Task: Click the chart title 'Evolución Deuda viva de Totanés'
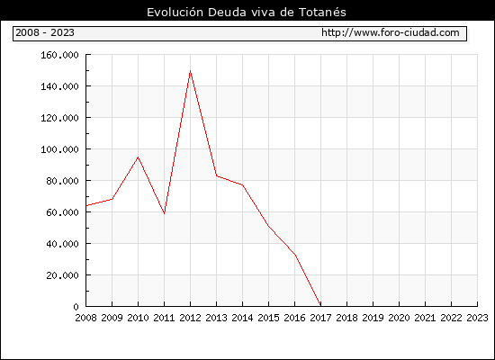click(247, 13)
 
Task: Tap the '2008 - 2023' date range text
click(45, 32)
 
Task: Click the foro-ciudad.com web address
click(391, 32)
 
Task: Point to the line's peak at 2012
click(190, 71)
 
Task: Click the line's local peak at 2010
click(138, 157)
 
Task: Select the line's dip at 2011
click(164, 214)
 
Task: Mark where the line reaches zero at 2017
click(320, 306)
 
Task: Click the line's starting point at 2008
click(86, 205)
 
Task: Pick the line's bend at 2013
click(216, 175)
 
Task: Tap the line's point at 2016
click(295, 255)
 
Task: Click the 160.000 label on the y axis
click(59, 55)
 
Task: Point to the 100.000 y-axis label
click(59, 149)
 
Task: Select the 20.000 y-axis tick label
click(62, 275)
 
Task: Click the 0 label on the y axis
click(76, 307)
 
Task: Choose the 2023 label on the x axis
click(477, 318)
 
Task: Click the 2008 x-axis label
click(85, 318)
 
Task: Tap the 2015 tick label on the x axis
click(269, 318)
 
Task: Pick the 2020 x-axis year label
click(399, 318)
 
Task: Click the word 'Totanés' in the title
click(322, 13)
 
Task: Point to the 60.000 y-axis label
click(62, 212)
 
